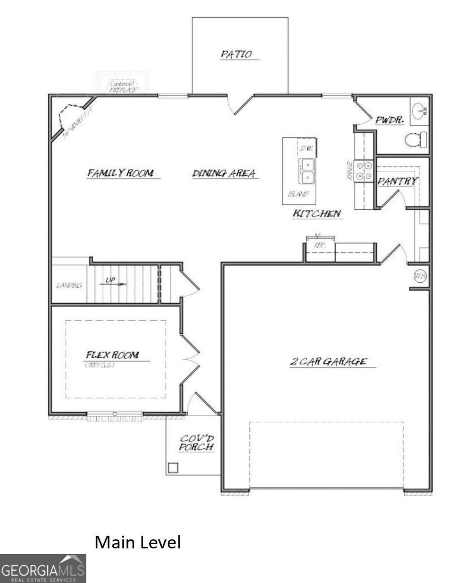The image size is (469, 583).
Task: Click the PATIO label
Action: click(236, 54)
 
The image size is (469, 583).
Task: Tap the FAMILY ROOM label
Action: click(121, 173)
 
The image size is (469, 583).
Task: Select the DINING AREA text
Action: click(224, 173)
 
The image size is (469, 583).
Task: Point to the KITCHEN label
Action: click(317, 214)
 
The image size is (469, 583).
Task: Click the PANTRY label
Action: click(397, 181)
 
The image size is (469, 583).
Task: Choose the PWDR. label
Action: click(389, 120)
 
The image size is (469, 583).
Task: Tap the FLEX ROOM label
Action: click(113, 355)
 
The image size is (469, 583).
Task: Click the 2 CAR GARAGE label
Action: click(328, 361)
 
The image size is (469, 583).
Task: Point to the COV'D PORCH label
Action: click(197, 443)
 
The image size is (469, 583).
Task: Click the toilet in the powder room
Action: click(415, 140)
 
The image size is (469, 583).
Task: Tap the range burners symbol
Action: click(364, 171)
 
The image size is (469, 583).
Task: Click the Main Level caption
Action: click(138, 542)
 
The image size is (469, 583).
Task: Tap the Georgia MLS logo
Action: click(43, 569)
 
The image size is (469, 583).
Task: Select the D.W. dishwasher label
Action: click(306, 148)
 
